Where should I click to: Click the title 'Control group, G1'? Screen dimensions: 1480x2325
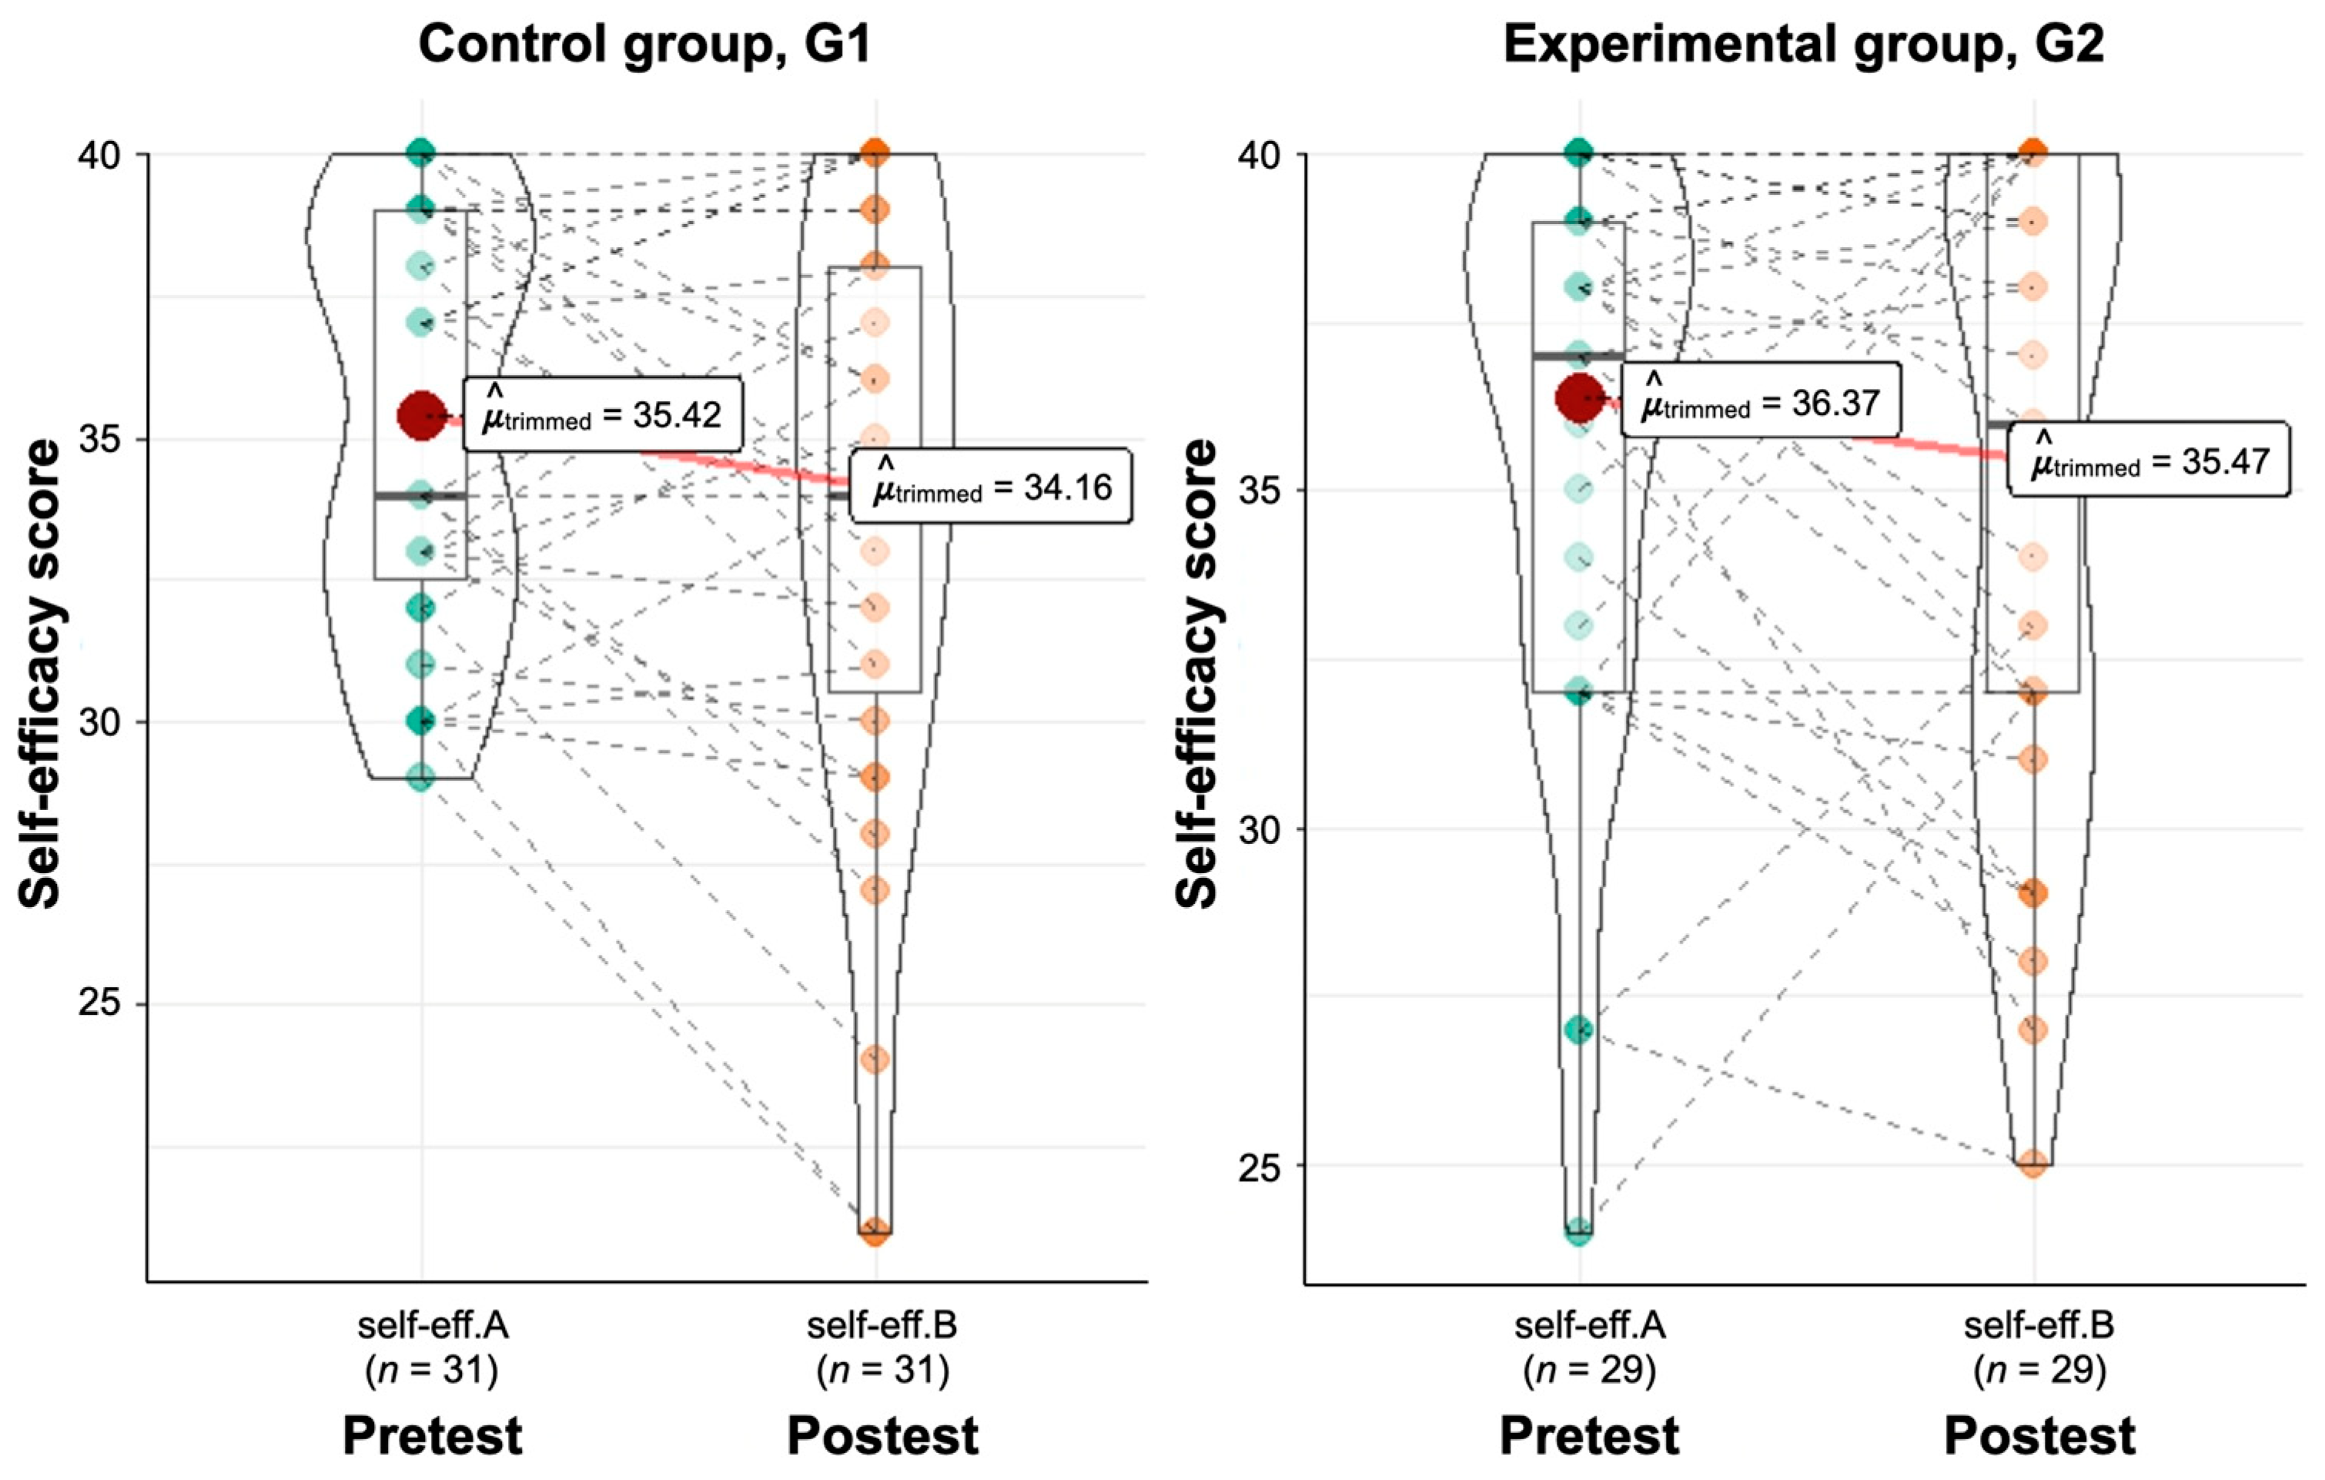(x=645, y=45)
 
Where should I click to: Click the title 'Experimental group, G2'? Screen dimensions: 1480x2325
(x=1804, y=45)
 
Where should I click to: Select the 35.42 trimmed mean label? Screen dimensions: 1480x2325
(x=603, y=414)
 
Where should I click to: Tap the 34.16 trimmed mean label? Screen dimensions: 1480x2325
(x=992, y=487)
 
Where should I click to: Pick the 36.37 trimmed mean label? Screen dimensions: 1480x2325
(x=1761, y=400)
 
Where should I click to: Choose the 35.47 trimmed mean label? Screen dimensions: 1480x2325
(x=2149, y=460)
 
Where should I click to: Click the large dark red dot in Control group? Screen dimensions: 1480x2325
(x=422, y=416)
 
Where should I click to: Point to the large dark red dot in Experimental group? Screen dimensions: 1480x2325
(x=1580, y=399)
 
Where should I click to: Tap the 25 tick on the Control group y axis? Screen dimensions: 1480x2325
(x=99, y=1004)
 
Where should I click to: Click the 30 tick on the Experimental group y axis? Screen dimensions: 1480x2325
(x=1258, y=829)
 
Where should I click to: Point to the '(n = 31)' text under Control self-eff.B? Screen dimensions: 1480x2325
(x=882, y=1370)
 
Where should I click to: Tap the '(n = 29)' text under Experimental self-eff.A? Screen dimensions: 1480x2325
(x=1589, y=1370)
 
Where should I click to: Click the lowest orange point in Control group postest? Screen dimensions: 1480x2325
(x=875, y=1232)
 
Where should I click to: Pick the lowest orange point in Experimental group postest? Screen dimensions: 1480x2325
(x=2033, y=1164)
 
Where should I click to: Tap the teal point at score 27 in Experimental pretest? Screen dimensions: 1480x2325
(x=1580, y=1030)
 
